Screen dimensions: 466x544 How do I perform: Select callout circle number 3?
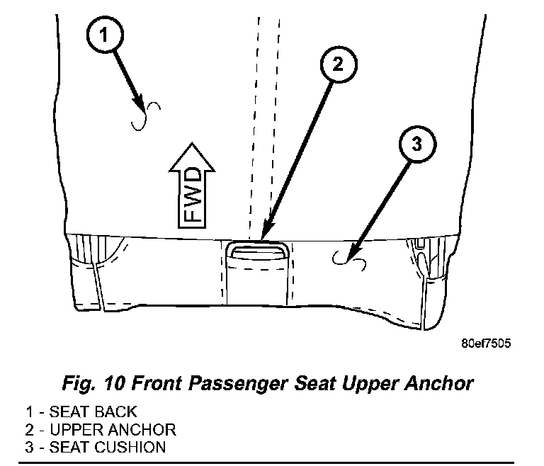pos(417,144)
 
